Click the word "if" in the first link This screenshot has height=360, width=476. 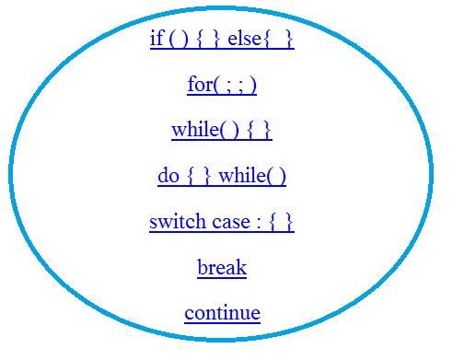click(156, 40)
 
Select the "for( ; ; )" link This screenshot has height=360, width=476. click(222, 86)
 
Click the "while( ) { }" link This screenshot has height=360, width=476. click(222, 131)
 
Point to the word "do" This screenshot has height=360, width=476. click(168, 176)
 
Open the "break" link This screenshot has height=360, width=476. click(222, 268)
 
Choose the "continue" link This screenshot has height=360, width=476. click(222, 313)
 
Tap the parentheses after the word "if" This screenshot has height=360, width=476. click(175, 41)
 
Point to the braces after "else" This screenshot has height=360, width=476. click(281, 41)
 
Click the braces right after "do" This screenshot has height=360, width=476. click(199, 177)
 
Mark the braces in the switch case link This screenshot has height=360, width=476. click(282, 223)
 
